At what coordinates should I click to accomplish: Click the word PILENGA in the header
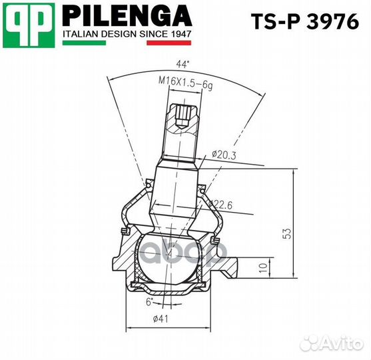(x=127, y=17)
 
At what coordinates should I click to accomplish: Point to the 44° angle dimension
(x=183, y=65)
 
